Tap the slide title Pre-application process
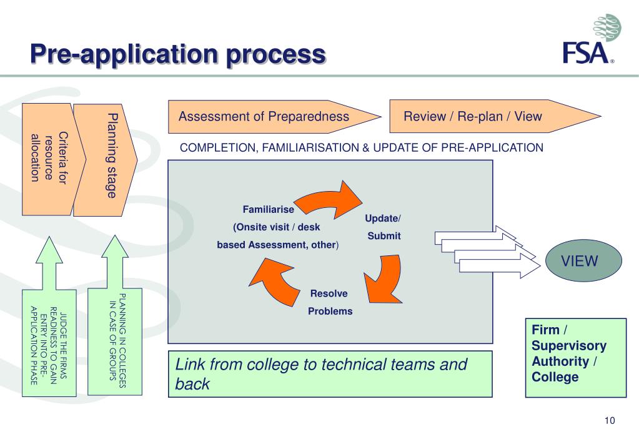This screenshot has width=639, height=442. (x=178, y=54)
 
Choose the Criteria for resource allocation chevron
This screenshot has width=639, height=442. (x=53, y=159)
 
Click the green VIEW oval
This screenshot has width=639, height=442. (x=583, y=260)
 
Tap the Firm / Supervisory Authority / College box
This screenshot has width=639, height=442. (x=576, y=358)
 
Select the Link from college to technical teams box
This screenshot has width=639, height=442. (x=330, y=374)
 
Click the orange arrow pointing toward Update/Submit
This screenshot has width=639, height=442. (x=328, y=200)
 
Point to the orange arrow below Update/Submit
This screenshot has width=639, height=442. (x=383, y=279)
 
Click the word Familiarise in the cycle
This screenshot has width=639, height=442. (x=268, y=209)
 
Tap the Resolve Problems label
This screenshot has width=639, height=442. (x=330, y=302)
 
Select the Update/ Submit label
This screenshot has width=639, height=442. (x=383, y=227)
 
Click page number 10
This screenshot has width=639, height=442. (x=610, y=420)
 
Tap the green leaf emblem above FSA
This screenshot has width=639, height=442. (x=607, y=27)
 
